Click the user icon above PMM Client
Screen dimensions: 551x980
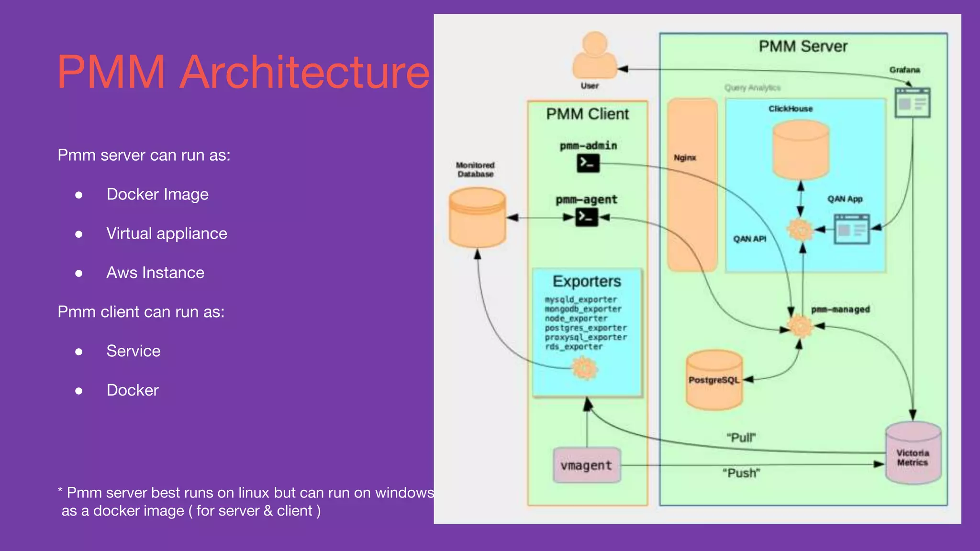click(x=595, y=55)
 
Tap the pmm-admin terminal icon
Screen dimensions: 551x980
click(x=588, y=163)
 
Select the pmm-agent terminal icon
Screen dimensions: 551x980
click(x=587, y=217)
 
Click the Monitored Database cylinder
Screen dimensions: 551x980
click(x=477, y=218)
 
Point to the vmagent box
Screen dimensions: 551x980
click(x=587, y=465)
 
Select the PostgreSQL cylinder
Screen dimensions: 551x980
click(x=714, y=380)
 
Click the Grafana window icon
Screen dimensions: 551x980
click(x=913, y=103)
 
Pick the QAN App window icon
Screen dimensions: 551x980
click(x=851, y=229)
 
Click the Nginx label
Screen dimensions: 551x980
click(x=685, y=158)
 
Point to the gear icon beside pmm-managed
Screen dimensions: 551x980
click(x=800, y=327)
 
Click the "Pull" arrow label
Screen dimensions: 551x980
click(x=741, y=438)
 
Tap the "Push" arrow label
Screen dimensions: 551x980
click(x=741, y=473)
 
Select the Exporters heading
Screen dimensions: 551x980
click(x=587, y=281)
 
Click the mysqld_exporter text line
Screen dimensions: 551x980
click(x=581, y=299)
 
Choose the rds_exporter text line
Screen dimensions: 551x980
click(x=574, y=347)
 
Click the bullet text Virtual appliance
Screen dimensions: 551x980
click(x=167, y=233)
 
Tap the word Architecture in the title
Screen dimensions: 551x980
click(x=304, y=72)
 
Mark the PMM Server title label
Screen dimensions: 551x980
click(x=803, y=46)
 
